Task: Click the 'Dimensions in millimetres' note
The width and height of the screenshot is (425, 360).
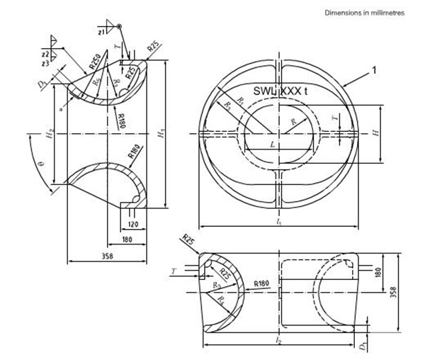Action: tap(363, 13)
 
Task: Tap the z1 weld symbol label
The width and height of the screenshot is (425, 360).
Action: tap(101, 31)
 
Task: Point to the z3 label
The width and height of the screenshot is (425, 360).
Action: tap(45, 62)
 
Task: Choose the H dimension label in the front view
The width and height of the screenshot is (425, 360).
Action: tap(376, 132)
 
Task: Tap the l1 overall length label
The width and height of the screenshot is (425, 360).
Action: tap(280, 223)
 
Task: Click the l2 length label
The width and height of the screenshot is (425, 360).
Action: tap(280, 342)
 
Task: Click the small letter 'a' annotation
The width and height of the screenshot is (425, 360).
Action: tap(62, 110)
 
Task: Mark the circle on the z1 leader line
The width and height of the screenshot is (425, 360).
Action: tap(120, 26)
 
